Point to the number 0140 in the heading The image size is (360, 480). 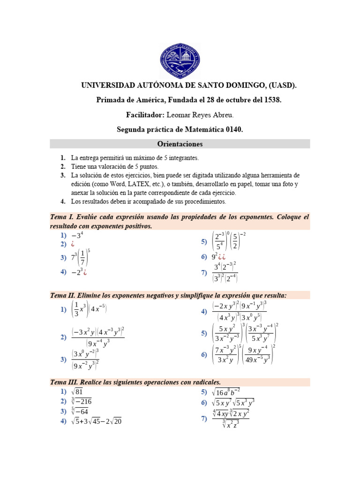click(x=233, y=129)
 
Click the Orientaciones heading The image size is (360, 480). click(x=180, y=144)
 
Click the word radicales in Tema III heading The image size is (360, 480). click(x=204, y=382)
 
